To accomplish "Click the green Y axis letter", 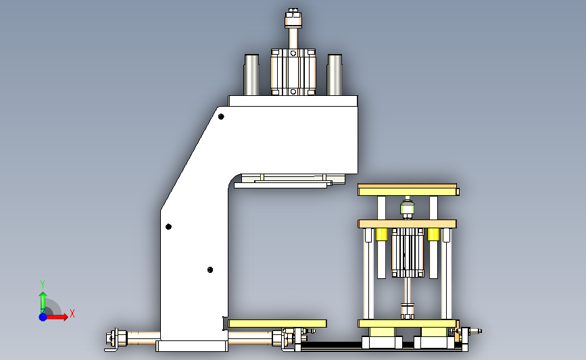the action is click(x=42, y=284).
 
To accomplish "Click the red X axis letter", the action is click(x=72, y=313).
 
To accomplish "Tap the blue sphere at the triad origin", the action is click(x=43, y=317).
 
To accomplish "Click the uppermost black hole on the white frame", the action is click(x=221, y=117).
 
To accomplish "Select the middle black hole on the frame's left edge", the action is click(x=168, y=227).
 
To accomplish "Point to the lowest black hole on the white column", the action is click(x=210, y=269).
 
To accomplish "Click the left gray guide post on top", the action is click(x=251, y=75).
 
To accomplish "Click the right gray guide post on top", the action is click(x=335, y=75).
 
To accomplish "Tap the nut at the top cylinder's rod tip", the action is click(x=293, y=18).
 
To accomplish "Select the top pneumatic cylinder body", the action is click(x=293, y=72).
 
